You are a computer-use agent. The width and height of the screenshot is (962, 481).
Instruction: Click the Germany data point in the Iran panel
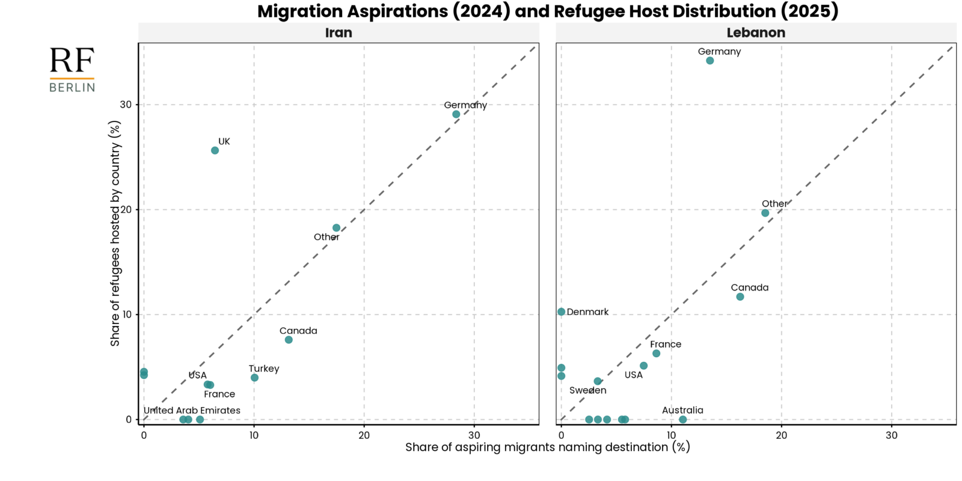pyautogui.click(x=456, y=114)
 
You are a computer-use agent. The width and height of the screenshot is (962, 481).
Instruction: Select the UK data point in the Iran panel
pyautogui.click(x=215, y=150)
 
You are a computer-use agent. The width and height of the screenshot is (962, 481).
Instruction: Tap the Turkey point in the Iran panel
pyautogui.click(x=255, y=378)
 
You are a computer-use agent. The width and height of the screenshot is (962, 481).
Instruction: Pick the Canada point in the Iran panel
pyautogui.click(x=289, y=340)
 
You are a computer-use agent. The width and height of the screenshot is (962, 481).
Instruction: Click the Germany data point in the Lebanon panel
pyautogui.click(x=710, y=61)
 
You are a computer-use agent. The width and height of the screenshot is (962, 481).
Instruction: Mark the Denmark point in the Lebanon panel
pyautogui.click(x=562, y=312)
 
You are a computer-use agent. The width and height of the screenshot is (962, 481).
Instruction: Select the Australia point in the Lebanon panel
pyautogui.click(x=683, y=420)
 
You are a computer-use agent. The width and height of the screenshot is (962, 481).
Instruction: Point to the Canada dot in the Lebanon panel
pyautogui.click(x=740, y=297)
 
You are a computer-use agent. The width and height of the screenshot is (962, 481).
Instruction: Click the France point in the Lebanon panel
pyautogui.click(x=657, y=354)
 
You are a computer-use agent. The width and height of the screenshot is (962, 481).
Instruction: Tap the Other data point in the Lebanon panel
pyautogui.click(x=765, y=213)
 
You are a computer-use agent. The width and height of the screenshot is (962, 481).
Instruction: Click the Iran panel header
pyautogui.click(x=339, y=33)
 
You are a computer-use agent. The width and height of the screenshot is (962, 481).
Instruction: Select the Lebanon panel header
pyautogui.click(x=756, y=33)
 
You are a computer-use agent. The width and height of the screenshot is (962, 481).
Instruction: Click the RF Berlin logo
pyautogui.click(x=72, y=70)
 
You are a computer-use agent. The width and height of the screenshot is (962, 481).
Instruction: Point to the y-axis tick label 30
pyautogui.click(x=126, y=105)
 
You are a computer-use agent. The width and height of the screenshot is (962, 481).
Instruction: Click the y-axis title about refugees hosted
pyautogui.click(x=115, y=233)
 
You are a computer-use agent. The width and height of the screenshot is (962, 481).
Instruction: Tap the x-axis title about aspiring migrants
pyautogui.click(x=547, y=447)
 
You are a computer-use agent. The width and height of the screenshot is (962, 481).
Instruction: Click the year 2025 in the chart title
pyautogui.click(x=812, y=11)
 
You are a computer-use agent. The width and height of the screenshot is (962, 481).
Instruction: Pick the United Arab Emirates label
pyautogui.click(x=192, y=411)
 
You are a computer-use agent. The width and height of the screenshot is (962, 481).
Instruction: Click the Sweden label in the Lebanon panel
pyautogui.click(x=588, y=390)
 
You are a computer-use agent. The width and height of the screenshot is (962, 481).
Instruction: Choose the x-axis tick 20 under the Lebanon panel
pyautogui.click(x=782, y=435)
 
